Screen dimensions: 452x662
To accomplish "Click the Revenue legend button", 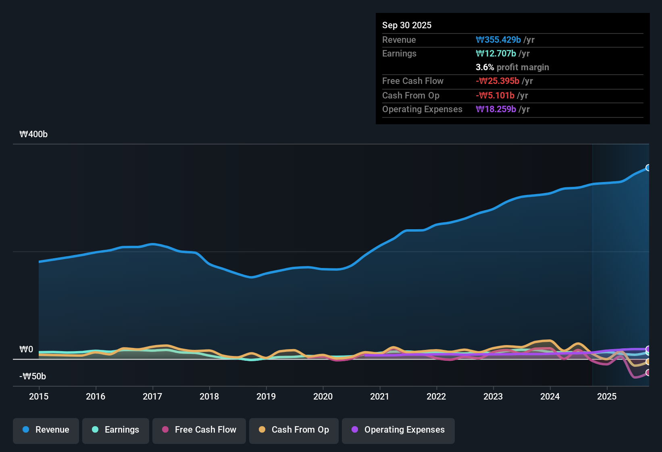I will click(46, 430).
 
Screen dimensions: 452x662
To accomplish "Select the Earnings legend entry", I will click(116, 430).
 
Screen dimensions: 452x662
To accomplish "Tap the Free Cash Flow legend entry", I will click(199, 430).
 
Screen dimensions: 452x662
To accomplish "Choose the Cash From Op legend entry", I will click(294, 430).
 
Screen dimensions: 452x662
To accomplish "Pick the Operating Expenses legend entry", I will click(398, 430).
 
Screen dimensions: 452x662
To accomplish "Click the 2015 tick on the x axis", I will click(39, 396).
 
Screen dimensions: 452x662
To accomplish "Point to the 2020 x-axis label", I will click(323, 396).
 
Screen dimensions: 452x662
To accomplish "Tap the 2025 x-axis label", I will click(607, 396).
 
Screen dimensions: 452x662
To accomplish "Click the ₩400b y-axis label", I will click(33, 134).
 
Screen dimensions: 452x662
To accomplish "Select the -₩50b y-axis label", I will click(33, 377).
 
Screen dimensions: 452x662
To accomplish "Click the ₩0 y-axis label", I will click(26, 349).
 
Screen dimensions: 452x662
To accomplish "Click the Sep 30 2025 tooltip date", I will click(407, 25).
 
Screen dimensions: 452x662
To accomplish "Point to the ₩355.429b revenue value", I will click(498, 40).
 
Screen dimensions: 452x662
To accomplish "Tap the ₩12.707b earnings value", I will click(496, 54).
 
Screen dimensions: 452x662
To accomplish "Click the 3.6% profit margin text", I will click(512, 67).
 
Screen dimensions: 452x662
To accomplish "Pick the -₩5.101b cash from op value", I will click(495, 96).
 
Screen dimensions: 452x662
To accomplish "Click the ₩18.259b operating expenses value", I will click(496, 109).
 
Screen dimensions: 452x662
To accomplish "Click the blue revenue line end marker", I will click(648, 168).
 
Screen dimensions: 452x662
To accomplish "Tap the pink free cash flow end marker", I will click(648, 372).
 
